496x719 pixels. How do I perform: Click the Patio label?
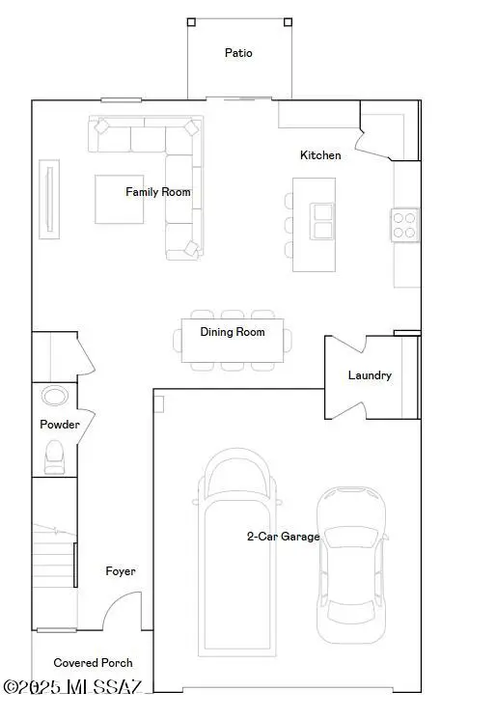(x=238, y=53)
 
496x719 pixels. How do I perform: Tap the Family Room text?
(x=158, y=192)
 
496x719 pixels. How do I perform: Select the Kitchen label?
(x=320, y=155)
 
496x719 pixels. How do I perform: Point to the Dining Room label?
(x=232, y=332)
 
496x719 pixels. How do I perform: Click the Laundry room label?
(x=370, y=375)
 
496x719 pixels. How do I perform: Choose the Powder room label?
(x=60, y=425)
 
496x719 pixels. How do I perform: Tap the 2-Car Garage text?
(x=283, y=537)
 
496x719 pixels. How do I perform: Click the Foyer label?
(x=121, y=571)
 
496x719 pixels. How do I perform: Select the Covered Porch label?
(x=93, y=663)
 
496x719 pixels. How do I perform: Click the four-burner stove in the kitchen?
(x=405, y=225)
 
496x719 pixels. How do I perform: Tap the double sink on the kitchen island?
(x=320, y=220)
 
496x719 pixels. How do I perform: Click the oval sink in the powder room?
(x=54, y=397)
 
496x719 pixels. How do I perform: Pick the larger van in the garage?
(x=238, y=550)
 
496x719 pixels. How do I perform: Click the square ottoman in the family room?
(x=120, y=198)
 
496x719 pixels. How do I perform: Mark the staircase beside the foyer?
(x=54, y=574)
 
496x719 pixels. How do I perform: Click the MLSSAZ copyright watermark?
(x=73, y=686)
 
